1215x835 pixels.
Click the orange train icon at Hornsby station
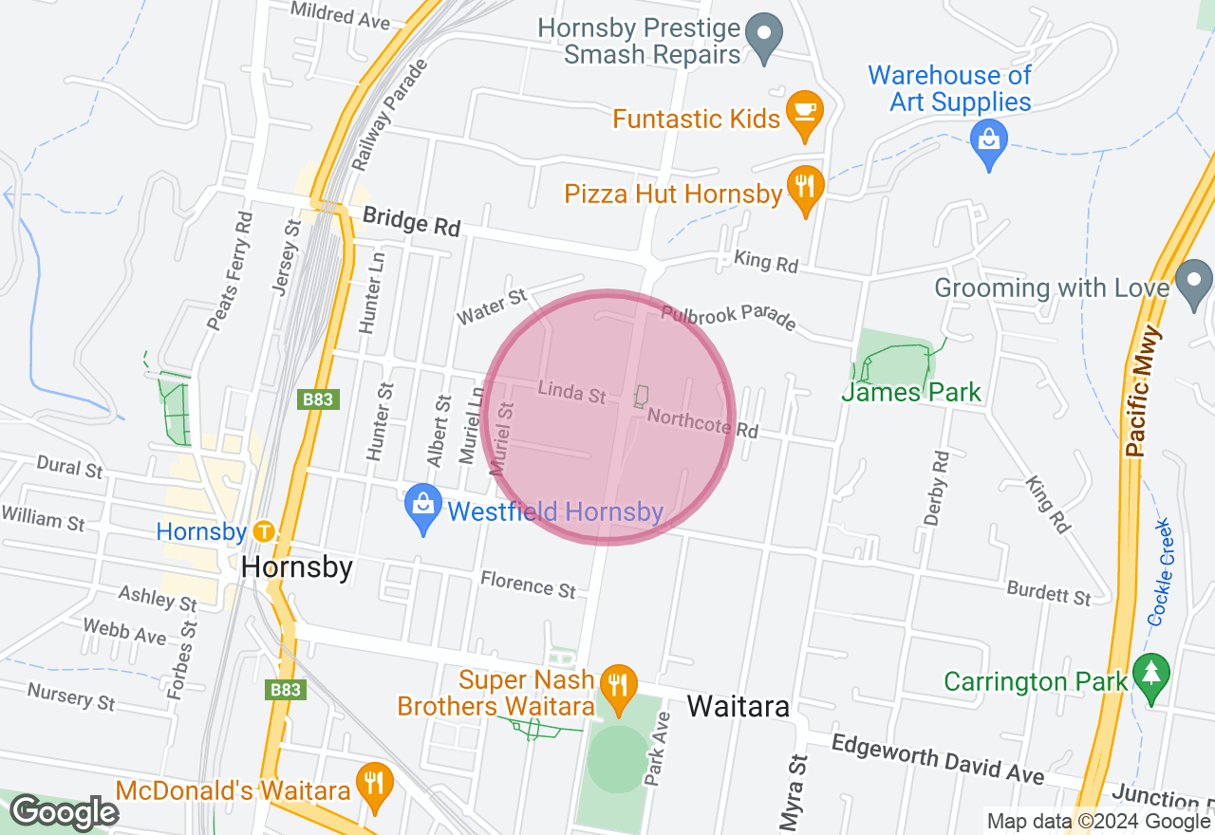pyautogui.click(x=264, y=532)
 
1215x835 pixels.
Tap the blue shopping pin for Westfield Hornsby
pyautogui.click(x=422, y=509)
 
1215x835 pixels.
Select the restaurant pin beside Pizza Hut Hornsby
pyautogui.click(x=805, y=189)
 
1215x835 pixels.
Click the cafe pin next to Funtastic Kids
pyautogui.click(x=805, y=114)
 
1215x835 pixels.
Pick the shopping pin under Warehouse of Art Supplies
pyautogui.click(x=989, y=143)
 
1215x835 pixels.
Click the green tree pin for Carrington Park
pyautogui.click(x=1152, y=677)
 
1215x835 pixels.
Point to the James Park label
pyautogui.click(x=911, y=392)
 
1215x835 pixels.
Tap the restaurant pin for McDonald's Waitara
pyautogui.click(x=376, y=785)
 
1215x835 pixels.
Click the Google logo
pyautogui.click(x=64, y=813)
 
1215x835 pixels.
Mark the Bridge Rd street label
pyautogui.click(x=411, y=222)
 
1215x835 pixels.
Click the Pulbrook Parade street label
pyautogui.click(x=728, y=317)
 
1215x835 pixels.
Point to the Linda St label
pyautogui.click(x=571, y=391)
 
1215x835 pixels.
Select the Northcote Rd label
pyautogui.click(x=702, y=423)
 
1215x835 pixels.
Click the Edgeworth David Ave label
pyautogui.click(x=938, y=759)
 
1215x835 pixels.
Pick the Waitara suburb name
pyautogui.click(x=738, y=706)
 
